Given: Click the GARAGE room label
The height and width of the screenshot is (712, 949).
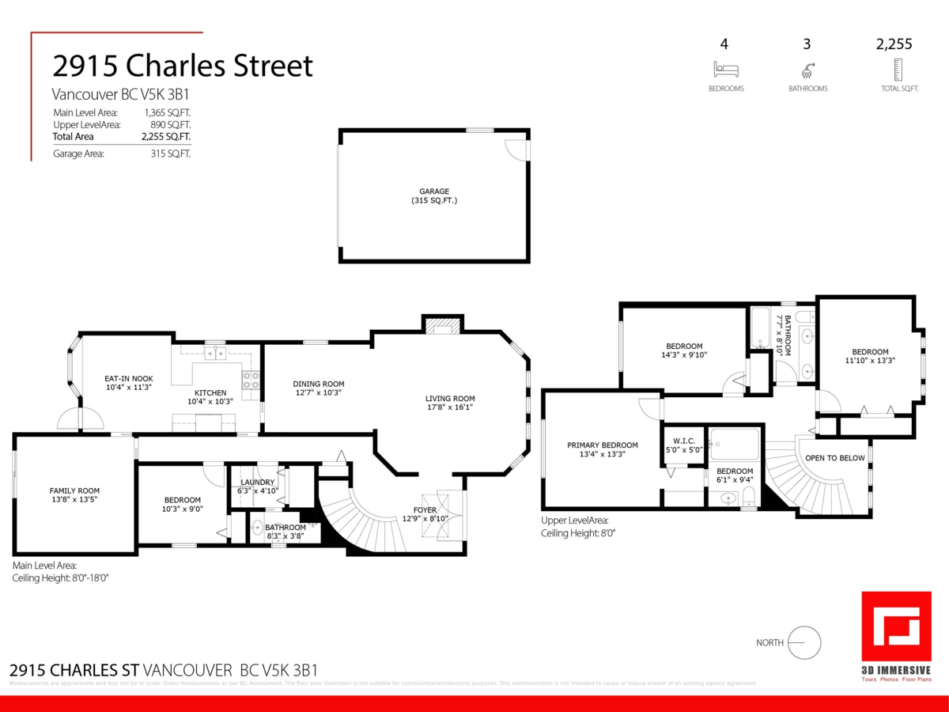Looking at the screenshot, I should [434, 191].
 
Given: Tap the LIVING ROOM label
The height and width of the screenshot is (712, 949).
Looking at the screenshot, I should [450, 399].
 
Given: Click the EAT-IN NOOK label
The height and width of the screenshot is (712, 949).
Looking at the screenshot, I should [129, 378].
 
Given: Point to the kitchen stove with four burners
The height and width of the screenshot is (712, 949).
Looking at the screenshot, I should [251, 380].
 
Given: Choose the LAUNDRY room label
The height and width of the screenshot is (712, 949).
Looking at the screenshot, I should [258, 482].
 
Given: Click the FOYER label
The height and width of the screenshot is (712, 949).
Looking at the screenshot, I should [425, 509].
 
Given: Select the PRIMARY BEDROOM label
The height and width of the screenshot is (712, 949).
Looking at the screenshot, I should [603, 445].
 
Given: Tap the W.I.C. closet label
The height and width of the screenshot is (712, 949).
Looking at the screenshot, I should [683, 441].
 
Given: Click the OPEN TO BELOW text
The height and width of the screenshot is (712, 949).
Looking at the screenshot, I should [834, 458].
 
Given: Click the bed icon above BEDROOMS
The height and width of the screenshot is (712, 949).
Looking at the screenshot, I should [725, 69].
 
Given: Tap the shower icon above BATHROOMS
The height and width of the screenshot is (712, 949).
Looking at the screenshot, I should [807, 69].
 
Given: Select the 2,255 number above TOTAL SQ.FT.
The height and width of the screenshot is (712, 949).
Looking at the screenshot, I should [894, 44].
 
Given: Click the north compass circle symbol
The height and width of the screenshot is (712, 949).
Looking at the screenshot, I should [805, 642].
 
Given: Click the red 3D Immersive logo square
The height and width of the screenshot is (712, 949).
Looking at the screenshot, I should [895, 625].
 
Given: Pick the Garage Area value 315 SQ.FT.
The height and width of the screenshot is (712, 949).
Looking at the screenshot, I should [171, 153].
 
